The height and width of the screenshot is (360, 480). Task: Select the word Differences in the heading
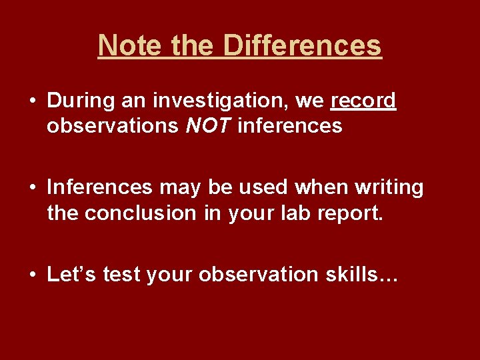[x=302, y=45]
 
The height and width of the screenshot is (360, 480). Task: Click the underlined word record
[x=363, y=101]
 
